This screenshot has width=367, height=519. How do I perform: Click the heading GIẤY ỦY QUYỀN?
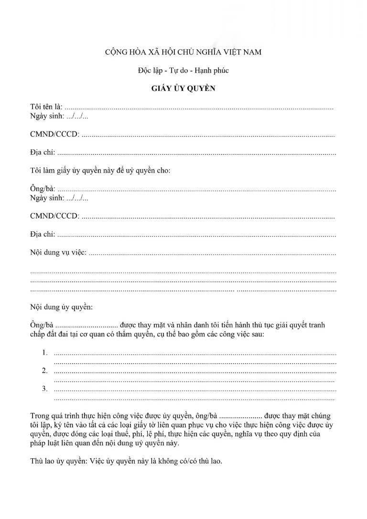183,88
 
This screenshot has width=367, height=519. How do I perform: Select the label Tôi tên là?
46,108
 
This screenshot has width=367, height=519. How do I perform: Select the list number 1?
45,353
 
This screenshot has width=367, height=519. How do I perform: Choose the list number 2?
45,370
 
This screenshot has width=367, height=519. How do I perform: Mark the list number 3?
45,389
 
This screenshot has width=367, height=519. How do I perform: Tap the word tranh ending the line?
316,325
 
